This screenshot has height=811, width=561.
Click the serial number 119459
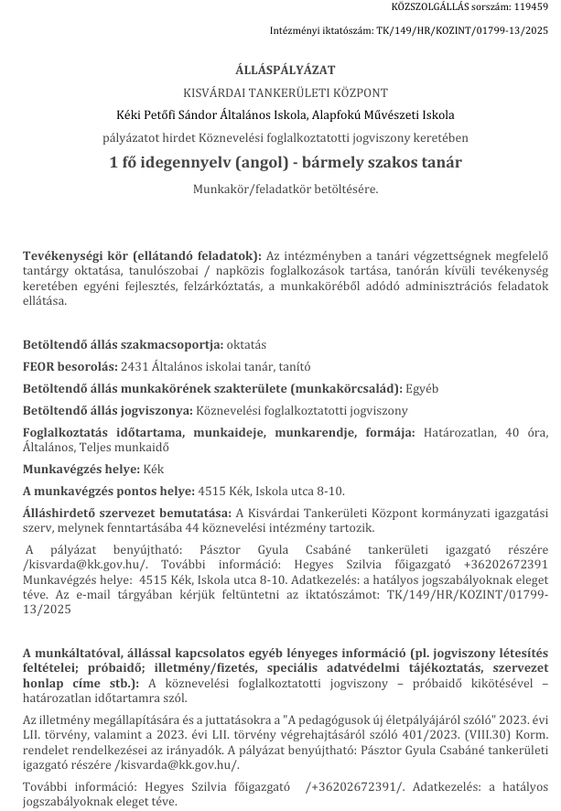[531, 6]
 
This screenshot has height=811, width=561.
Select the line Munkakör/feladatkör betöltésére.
[284, 189]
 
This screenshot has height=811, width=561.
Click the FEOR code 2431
[134, 366]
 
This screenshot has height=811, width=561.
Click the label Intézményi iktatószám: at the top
[321, 29]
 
